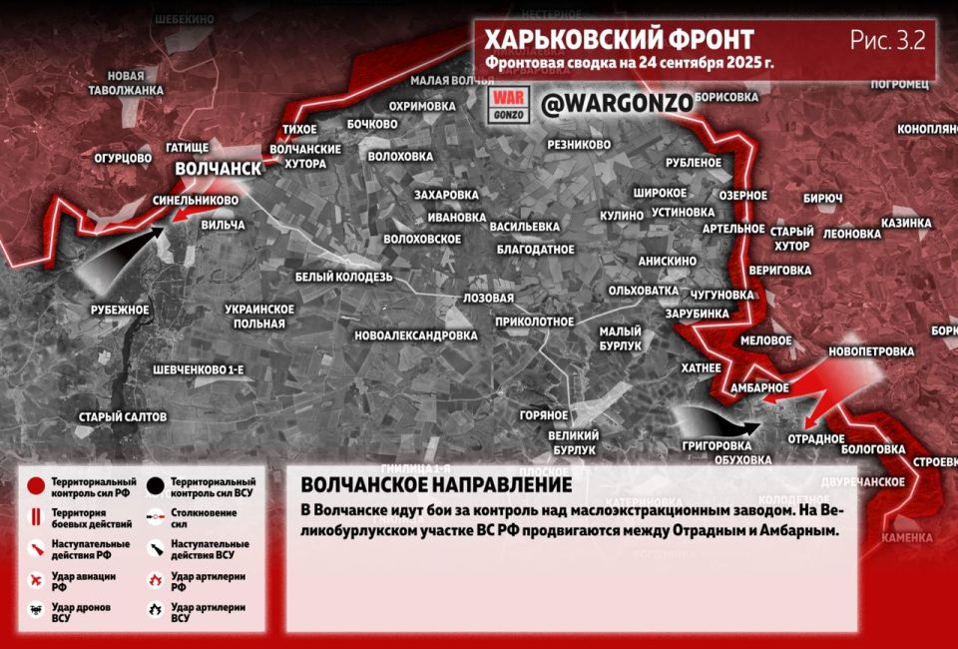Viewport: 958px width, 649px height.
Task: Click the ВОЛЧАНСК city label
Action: [x=218, y=169]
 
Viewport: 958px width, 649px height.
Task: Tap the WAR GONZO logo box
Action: [x=507, y=105]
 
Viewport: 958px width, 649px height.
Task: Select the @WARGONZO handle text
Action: [x=602, y=104]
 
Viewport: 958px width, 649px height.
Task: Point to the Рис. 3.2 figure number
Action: [x=887, y=40]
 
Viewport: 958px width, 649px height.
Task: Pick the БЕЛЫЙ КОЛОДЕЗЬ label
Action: [x=344, y=277]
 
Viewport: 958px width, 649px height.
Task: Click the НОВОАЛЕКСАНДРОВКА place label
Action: [x=415, y=335]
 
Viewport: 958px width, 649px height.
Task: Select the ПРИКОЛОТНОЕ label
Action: [x=534, y=322]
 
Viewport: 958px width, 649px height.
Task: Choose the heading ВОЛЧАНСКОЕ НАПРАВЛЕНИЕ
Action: [x=436, y=484]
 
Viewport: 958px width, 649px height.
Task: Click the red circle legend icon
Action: [x=37, y=486]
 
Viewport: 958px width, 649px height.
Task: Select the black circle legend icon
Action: [x=155, y=486]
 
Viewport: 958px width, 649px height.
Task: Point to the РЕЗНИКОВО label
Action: [x=579, y=145]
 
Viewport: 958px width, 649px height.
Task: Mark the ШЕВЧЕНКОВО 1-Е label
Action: [x=199, y=369]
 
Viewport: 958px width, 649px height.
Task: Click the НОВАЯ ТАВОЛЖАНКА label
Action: [x=135, y=83]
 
